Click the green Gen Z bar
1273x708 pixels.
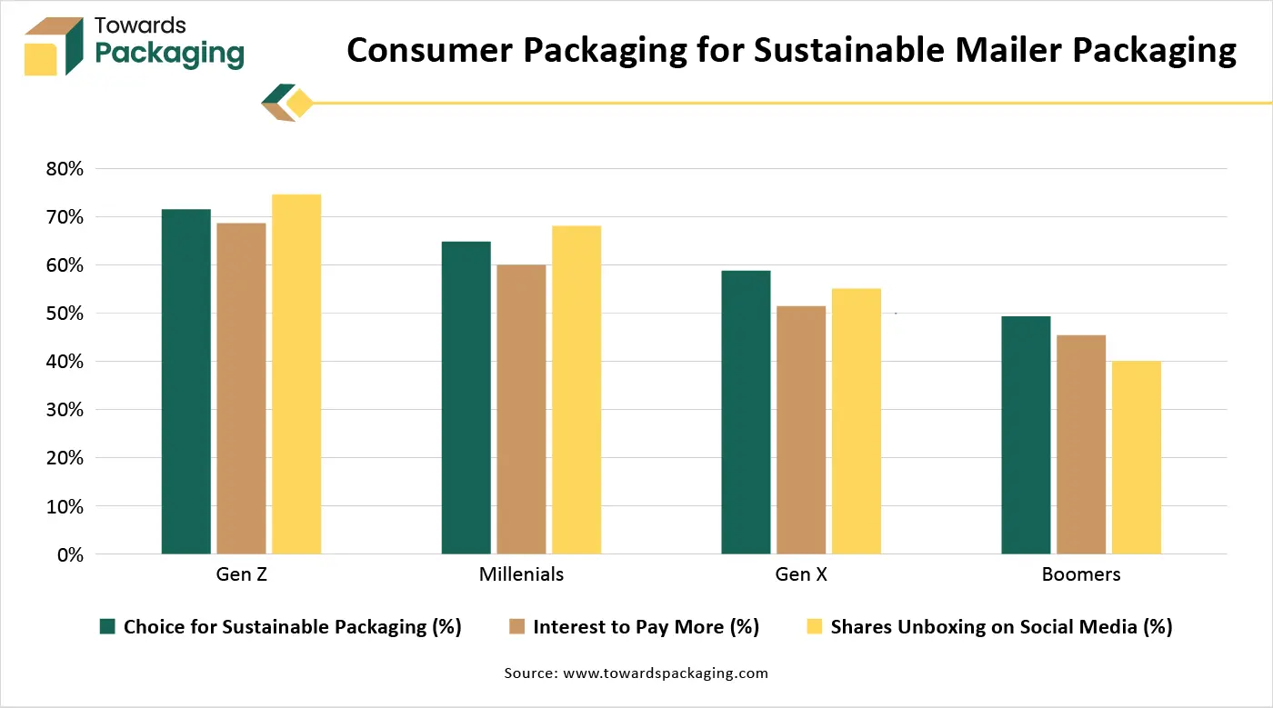click(x=185, y=382)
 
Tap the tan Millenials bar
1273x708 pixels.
click(x=521, y=409)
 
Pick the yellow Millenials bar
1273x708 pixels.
click(x=576, y=390)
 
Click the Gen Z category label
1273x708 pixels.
click(x=241, y=574)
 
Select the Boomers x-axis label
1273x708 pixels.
click(x=1081, y=574)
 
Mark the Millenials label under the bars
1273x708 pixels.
click(x=521, y=574)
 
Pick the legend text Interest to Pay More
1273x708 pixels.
click(x=646, y=626)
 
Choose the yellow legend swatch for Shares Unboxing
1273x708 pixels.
click(x=815, y=626)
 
